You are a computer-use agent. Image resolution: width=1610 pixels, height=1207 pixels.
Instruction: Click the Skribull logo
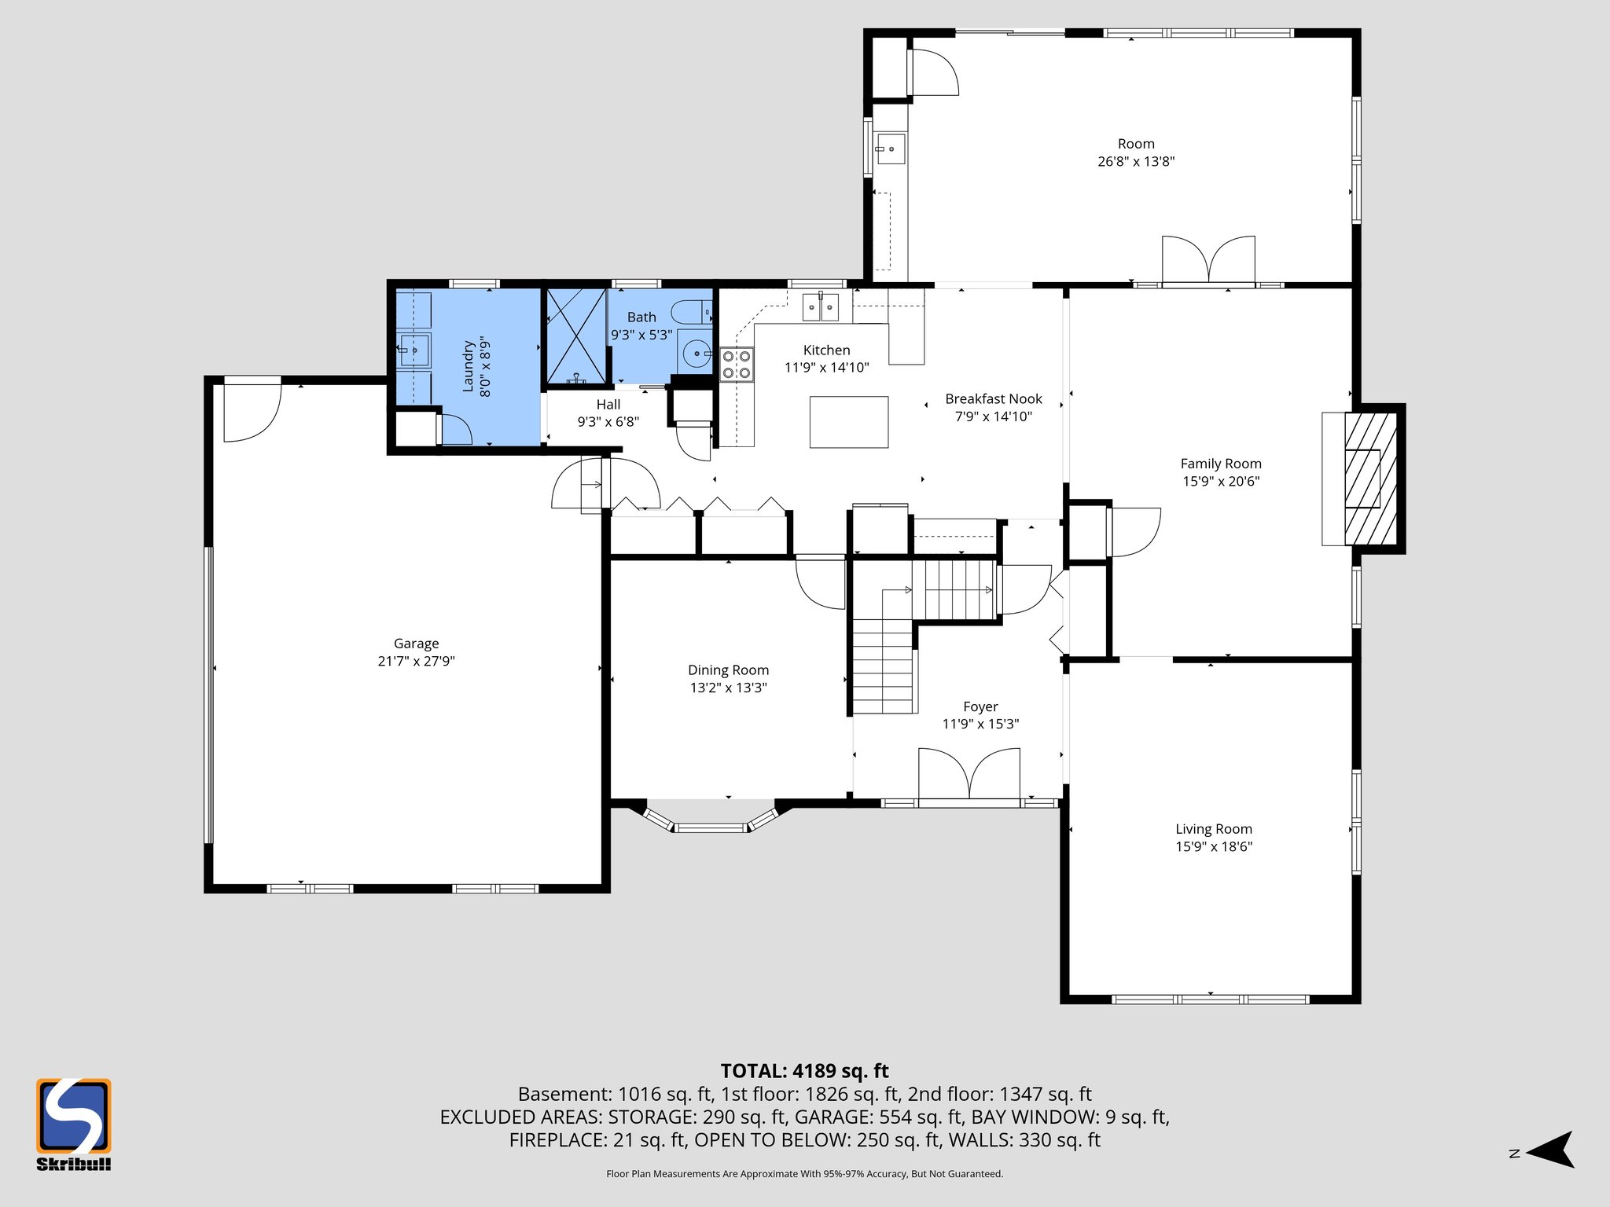(x=73, y=1124)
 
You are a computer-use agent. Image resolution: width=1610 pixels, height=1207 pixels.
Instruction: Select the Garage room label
(x=416, y=644)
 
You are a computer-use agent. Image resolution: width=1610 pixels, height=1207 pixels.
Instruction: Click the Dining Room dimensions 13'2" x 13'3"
(x=728, y=688)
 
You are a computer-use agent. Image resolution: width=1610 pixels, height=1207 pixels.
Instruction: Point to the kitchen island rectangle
(x=848, y=422)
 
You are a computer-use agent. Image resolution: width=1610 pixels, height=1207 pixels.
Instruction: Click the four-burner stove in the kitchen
(x=737, y=365)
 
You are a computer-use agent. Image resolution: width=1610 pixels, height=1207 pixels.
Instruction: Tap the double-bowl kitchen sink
(x=820, y=306)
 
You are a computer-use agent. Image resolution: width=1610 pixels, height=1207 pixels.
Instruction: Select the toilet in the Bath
(x=693, y=312)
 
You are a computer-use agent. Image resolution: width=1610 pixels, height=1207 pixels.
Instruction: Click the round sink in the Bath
(x=697, y=354)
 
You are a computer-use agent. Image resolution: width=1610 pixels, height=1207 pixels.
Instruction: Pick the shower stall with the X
(x=576, y=336)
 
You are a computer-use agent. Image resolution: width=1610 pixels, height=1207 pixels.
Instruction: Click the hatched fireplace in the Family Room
(x=1370, y=479)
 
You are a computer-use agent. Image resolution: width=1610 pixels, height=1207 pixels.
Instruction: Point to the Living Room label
(x=1213, y=829)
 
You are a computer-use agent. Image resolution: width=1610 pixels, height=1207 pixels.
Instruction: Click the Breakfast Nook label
(x=993, y=399)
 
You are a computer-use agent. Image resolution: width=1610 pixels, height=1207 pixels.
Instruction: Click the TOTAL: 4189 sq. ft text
(x=804, y=1071)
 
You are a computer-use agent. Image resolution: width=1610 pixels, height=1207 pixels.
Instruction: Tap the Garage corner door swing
(x=252, y=410)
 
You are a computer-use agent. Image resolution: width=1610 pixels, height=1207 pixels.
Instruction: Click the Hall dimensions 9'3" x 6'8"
(x=608, y=422)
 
